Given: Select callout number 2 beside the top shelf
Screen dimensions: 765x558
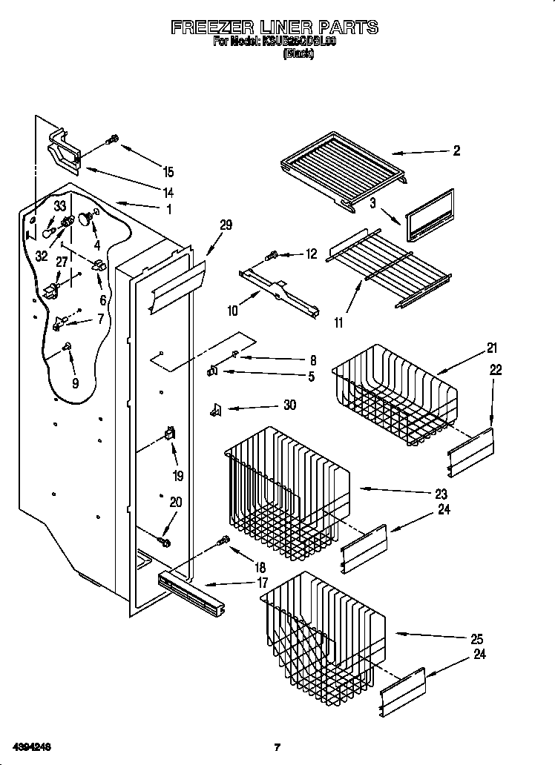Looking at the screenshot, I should pos(456,150).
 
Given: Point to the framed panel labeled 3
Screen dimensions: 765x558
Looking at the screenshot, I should pos(428,215).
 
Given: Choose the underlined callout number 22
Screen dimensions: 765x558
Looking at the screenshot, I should pos(495,370).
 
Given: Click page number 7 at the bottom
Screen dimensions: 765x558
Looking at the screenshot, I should pos(277,747).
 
